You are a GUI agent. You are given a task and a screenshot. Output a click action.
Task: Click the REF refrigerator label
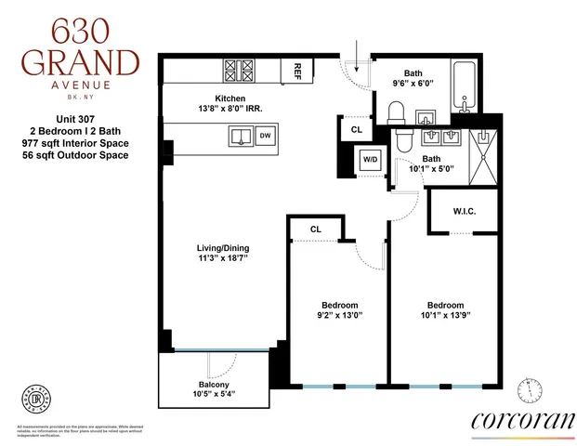click(297, 70)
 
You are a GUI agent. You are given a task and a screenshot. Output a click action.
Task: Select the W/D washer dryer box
click(371, 160)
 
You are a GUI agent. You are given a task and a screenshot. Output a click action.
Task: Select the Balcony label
click(215, 385)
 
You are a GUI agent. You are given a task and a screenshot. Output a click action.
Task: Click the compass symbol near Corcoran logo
click(531, 387)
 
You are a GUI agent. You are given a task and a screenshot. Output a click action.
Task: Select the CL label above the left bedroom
click(316, 228)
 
